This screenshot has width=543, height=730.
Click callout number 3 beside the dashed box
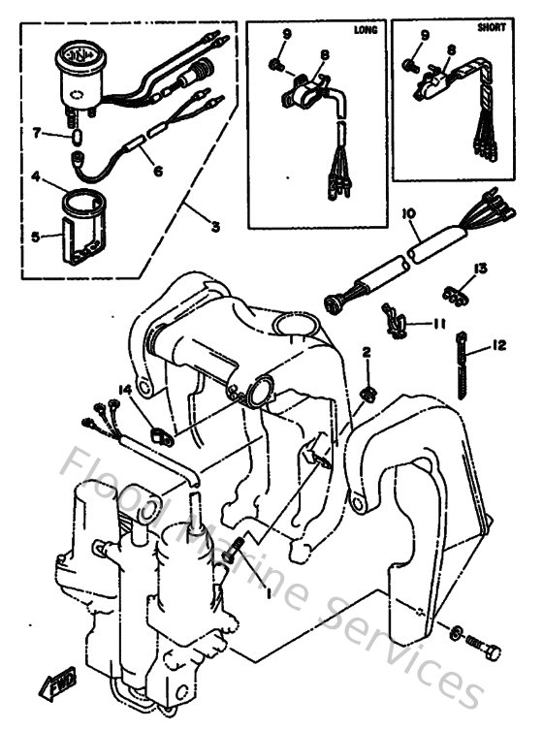coord(215,226)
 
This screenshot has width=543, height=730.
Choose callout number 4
coord(35,178)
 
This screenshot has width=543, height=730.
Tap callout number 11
coord(438,326)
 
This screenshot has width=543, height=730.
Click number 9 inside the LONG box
coord(287,36)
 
